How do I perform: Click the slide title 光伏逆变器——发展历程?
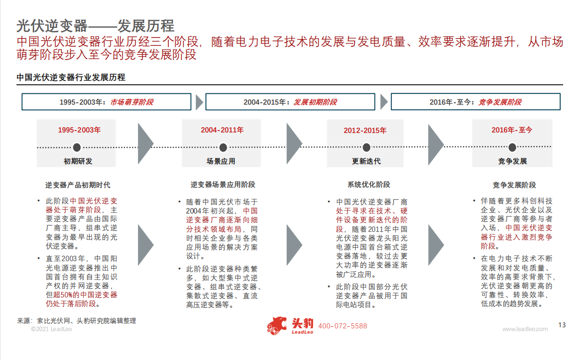[x=95, y=26]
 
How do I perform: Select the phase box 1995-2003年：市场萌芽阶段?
[x=106, y=102]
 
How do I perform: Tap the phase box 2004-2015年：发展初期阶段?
[x=290, y=102]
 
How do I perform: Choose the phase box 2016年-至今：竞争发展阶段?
[x=476, y=102]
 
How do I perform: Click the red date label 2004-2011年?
[x=222, y=130]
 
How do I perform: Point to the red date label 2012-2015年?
[x=365, y=131]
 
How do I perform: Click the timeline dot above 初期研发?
[x=77, y=147]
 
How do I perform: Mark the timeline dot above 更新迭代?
[x=366, y=147]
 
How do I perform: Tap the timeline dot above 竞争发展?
[x=512, y=147]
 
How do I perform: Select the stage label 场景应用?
[x=221, y=161]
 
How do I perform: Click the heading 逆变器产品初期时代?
[x=78, y=185]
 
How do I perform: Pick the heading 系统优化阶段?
[x=369, y=184]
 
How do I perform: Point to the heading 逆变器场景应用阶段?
[x=223, y=184]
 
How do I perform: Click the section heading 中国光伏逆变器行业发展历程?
[x=71, y=77]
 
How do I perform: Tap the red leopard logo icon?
[x=277, y=326]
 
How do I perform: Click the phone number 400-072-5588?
[x=343, y=326]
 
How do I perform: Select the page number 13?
[x=562, y=325]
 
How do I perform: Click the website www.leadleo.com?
[x=525, y=329]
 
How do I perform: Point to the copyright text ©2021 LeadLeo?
[x=51, y=329]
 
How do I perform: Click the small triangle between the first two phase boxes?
[x=199, y=102]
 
